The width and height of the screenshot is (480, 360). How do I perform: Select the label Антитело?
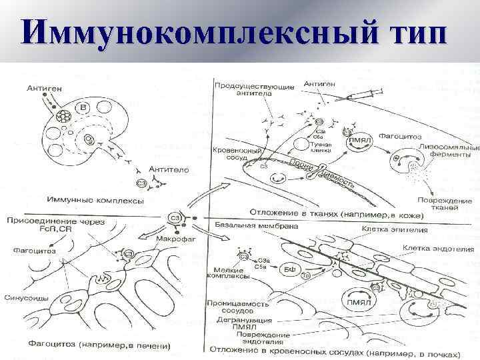(x=169, y=169)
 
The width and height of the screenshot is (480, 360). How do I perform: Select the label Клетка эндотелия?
(x=439, y=249)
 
